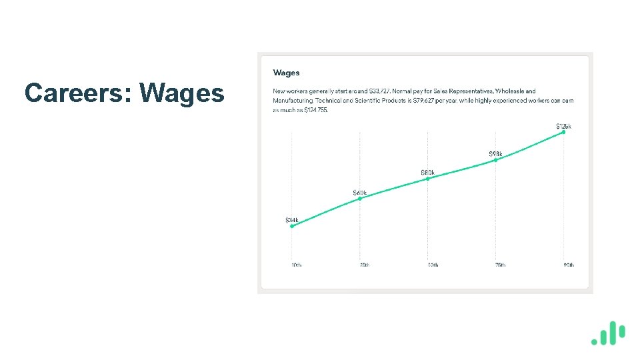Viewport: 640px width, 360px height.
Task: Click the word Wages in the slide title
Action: click(x=182, y=93)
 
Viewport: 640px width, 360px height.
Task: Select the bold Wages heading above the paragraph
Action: click(x=286, y=73)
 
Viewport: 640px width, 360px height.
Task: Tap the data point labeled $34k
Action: click(x=292, y=226)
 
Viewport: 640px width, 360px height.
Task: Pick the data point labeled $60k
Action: click(x=360, y=199)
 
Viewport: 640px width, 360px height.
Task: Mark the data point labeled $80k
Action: click(x=427, y=179)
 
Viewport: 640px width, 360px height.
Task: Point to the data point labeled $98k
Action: click(x=495, y=160)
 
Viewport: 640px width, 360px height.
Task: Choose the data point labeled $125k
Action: click(x=563, y=132)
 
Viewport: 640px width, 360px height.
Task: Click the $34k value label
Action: click(x=292, y=219)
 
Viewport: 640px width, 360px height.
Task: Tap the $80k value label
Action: click(x=427, y=173)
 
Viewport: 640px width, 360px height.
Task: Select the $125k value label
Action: click(x=563, y=126)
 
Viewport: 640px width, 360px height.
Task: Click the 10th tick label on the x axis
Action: click(x=296, y=265)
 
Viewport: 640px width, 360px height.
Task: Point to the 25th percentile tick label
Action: click(x=364, y=265)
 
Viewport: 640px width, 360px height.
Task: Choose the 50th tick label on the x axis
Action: click(x=432, y=265)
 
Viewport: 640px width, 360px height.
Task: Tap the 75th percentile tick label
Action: click(x=499, y=265)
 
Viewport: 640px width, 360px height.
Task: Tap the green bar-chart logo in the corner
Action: click(x=608, y=334)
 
